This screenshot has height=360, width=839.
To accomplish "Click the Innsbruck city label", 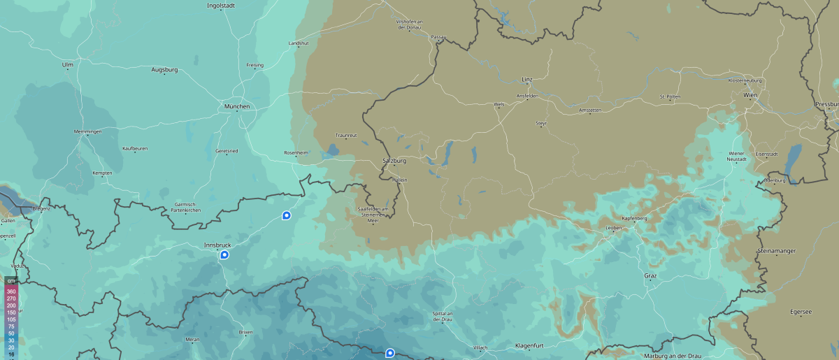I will (217, 245).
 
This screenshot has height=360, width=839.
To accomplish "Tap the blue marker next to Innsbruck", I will (224, 255).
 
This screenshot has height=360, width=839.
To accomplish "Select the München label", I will (236, 107).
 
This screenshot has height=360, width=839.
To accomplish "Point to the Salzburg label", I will (394, 161).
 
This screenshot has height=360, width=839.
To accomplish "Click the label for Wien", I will (750, 94).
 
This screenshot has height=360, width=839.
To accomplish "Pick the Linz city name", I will (526, 80).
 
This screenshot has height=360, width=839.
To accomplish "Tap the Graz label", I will (650, 276).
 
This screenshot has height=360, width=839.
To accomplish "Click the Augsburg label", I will (165, 70).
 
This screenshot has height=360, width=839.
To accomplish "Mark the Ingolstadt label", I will (221, 6).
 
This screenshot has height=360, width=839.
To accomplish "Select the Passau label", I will (438, 36).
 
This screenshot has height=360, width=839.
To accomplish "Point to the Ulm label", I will (68, 64).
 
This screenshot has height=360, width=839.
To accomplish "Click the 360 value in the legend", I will (11, 291).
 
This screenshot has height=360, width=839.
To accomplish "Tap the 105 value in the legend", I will (11, 319).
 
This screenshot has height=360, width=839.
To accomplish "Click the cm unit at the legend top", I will (11, 280).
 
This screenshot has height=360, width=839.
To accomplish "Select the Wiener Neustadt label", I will (737, 155).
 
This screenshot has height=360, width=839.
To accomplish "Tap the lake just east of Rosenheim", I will (332, 150).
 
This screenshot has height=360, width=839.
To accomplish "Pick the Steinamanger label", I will (777, 250).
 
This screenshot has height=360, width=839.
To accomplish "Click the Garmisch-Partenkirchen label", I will (186, 207).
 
